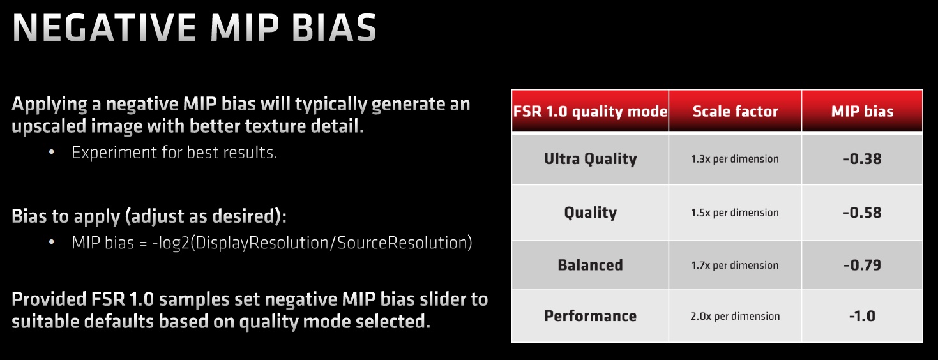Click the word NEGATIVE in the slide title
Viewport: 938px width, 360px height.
coord(105,28)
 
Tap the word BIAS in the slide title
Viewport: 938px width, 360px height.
coord(334,28)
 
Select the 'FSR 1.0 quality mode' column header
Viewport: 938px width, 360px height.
coord(590,111)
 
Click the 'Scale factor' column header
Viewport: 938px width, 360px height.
coord(736,111)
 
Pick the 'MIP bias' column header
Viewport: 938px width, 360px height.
coord(862,111)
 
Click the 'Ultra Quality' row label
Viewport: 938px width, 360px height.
coord(591,159)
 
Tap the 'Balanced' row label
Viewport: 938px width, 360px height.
coord(591,265)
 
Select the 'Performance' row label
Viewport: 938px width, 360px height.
coord(591,316)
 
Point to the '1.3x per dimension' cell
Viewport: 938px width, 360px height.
coord(735,160)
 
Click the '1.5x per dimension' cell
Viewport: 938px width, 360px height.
coord(735,213)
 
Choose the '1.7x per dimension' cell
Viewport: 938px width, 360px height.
coord(735,266)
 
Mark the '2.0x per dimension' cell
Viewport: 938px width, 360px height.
coord(735,317)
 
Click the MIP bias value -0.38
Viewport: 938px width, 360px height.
coord(862,159)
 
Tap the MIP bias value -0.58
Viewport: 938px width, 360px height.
coord(862,213)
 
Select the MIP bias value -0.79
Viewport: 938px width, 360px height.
coord(862,265)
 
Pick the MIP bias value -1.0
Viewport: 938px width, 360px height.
coord(862,316)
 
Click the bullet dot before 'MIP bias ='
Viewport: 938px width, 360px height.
coord(52,242)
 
